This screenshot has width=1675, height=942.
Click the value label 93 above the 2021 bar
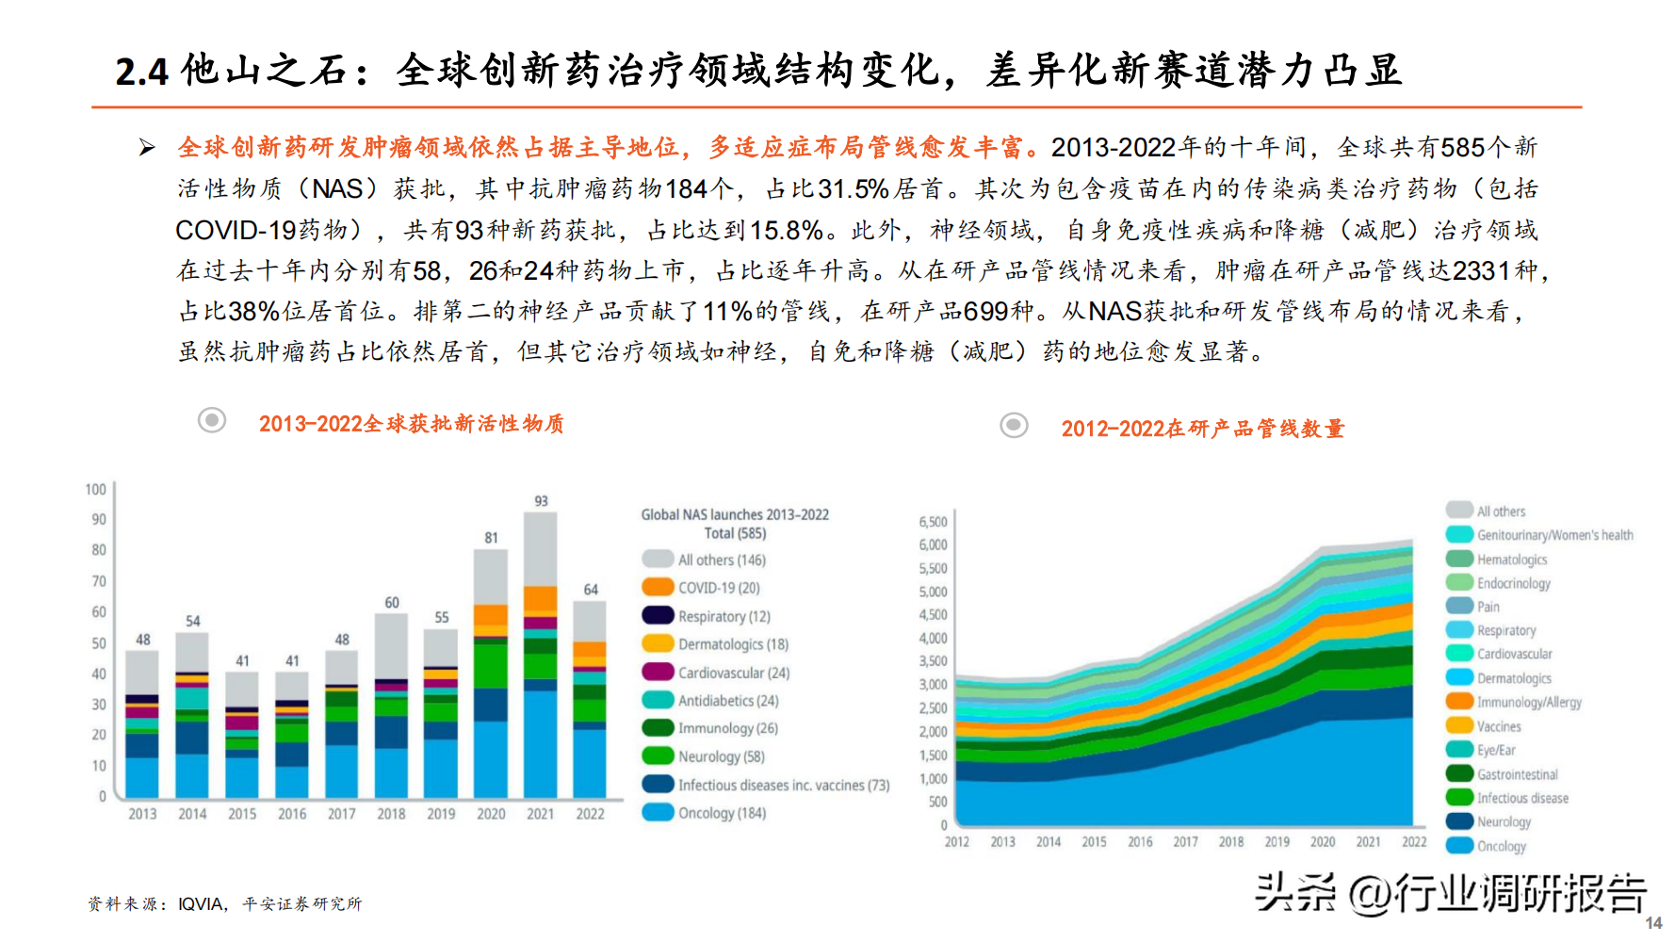[x=541, y=501]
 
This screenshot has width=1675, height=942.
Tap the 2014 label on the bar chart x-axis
[x=192, y=814]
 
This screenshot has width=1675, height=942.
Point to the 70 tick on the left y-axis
[x=99, y=581]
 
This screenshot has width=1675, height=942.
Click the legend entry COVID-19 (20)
[x=719, y=588]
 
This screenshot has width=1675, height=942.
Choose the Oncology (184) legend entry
[x=722, y=813]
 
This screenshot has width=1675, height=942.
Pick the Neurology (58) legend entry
[x=721, y=756]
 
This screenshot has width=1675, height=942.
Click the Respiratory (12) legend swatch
[x=658, y=616]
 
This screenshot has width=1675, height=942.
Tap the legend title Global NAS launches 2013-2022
[x=735, y=514]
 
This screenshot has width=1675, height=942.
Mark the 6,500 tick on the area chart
[x=933, y=522]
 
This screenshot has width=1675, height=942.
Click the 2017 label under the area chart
[x=1185, y=842]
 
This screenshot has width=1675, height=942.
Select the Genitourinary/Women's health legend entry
[x=1554, y=535]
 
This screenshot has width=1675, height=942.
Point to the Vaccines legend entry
[x=1499, y=726]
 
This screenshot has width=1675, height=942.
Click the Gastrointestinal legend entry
[x=1517, y=774]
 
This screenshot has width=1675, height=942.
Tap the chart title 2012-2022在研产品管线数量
[x=1202, y=429]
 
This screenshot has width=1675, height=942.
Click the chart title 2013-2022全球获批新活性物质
[x=411, y=424]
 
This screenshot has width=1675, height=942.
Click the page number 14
[x=1653, y=923]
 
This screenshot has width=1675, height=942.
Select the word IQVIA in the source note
[x=201, y=904]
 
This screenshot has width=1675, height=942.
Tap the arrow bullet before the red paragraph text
[x=147, y=147]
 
